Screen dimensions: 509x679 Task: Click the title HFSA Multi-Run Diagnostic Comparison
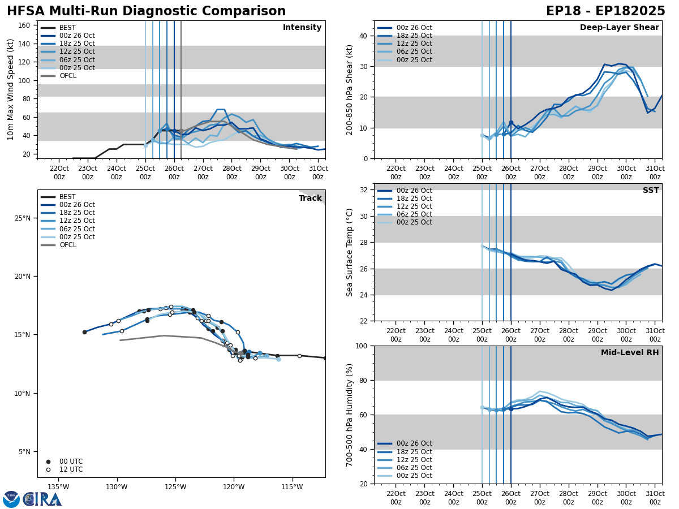tap(146, 11)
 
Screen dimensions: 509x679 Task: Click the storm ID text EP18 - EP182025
tap(605, 11)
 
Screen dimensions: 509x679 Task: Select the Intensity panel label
tap(302, 28)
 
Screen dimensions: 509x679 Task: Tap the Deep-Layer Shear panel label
tap(619, 28)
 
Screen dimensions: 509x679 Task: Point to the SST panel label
tap(651, 191)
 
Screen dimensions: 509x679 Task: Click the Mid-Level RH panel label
tap(630, 353)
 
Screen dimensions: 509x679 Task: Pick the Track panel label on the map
tap(310, 199)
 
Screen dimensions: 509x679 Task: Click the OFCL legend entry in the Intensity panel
tap(67, 76)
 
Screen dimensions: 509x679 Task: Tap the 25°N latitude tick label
tap(22, 218)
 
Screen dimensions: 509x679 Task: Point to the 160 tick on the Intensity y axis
tap(24, 25)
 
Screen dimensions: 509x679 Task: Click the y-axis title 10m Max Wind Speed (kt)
tap(11, 89)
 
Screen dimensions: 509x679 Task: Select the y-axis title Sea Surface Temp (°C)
tap(350, 252)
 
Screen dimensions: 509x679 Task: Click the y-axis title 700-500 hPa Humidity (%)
tap(350, 415)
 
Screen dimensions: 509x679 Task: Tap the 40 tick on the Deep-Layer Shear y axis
tap(364, 36)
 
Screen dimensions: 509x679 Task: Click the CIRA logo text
tap(42, 499)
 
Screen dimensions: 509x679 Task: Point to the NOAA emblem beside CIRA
tap(11, 499)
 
